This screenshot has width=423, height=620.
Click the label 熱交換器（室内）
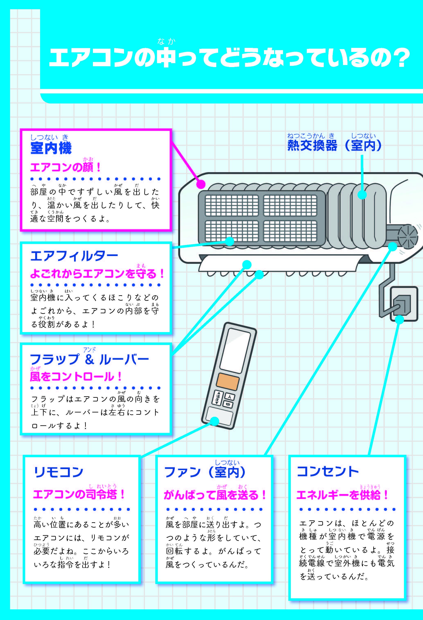(334, 146)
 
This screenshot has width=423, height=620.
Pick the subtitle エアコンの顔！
(66, 167)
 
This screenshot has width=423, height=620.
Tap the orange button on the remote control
(228, 382)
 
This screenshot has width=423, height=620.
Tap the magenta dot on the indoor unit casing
(201, 184)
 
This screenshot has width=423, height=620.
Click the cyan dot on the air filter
(229, 241)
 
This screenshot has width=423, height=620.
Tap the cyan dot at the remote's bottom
(214, 421)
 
